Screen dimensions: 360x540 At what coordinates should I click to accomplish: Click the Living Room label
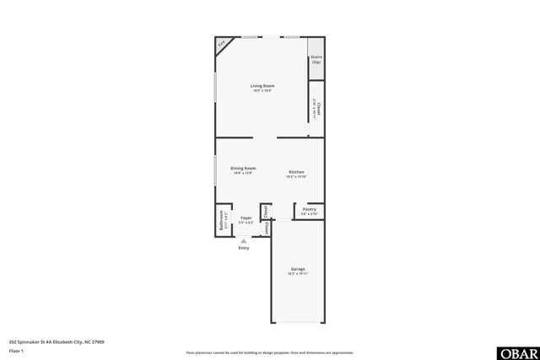point(262,86)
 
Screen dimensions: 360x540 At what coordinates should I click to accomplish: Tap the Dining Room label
point(243,168)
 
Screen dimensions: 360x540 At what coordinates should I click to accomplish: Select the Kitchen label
point(296,172)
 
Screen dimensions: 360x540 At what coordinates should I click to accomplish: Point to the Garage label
point(298,269)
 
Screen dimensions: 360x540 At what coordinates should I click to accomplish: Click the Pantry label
point(309,209)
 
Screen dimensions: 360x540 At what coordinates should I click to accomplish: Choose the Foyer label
point(246,218)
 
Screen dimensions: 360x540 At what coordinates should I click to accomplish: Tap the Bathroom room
point(223,221)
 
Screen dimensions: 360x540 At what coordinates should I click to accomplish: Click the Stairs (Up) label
point(316,60)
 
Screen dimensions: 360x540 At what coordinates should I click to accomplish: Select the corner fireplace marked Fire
point(222,44)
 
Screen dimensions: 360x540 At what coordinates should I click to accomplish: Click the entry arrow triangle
point(244,240)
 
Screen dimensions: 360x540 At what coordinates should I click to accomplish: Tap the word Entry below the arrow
point(244,248)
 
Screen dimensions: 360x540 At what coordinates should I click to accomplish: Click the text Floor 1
point(16,350)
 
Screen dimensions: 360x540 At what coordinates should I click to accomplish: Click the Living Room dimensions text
point(262,91)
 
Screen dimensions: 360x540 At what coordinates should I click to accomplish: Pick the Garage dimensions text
point(298,274)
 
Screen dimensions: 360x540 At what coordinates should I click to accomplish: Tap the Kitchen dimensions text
point(296,177)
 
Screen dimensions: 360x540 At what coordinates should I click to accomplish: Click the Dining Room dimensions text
point(243,173)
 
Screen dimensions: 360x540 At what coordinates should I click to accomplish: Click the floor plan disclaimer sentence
point(269,352)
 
